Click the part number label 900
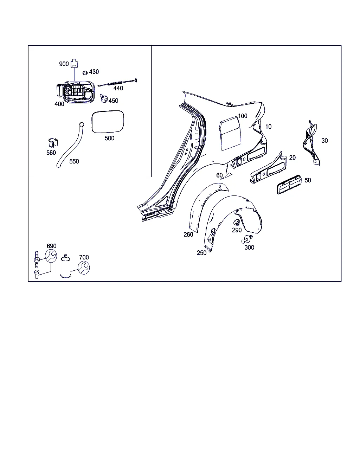click(64, 64)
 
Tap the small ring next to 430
click(85, 73)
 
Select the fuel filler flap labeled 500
click(108, 122)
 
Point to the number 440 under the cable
click(118, 88)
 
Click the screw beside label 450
click(104, 98)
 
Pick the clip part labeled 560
click(53, 143)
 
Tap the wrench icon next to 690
click(51, 256)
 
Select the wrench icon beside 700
click(84, 268)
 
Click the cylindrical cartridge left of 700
click(65, 266)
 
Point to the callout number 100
click(243, 116)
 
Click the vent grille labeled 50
click(289, 185)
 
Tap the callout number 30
click(324, 141)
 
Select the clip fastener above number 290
click(237, 223)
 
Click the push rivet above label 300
click(247, 239)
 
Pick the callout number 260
click(188, 234)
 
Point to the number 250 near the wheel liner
click(201, 253)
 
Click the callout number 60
click(219, 175)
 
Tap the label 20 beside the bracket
click(292, 157)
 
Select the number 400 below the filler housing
click(59, 104)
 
